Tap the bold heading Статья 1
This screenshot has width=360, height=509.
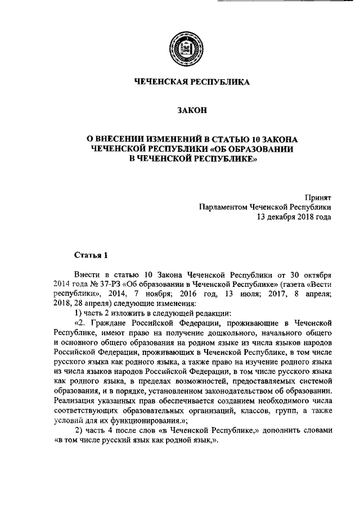(x=91, y=255)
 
